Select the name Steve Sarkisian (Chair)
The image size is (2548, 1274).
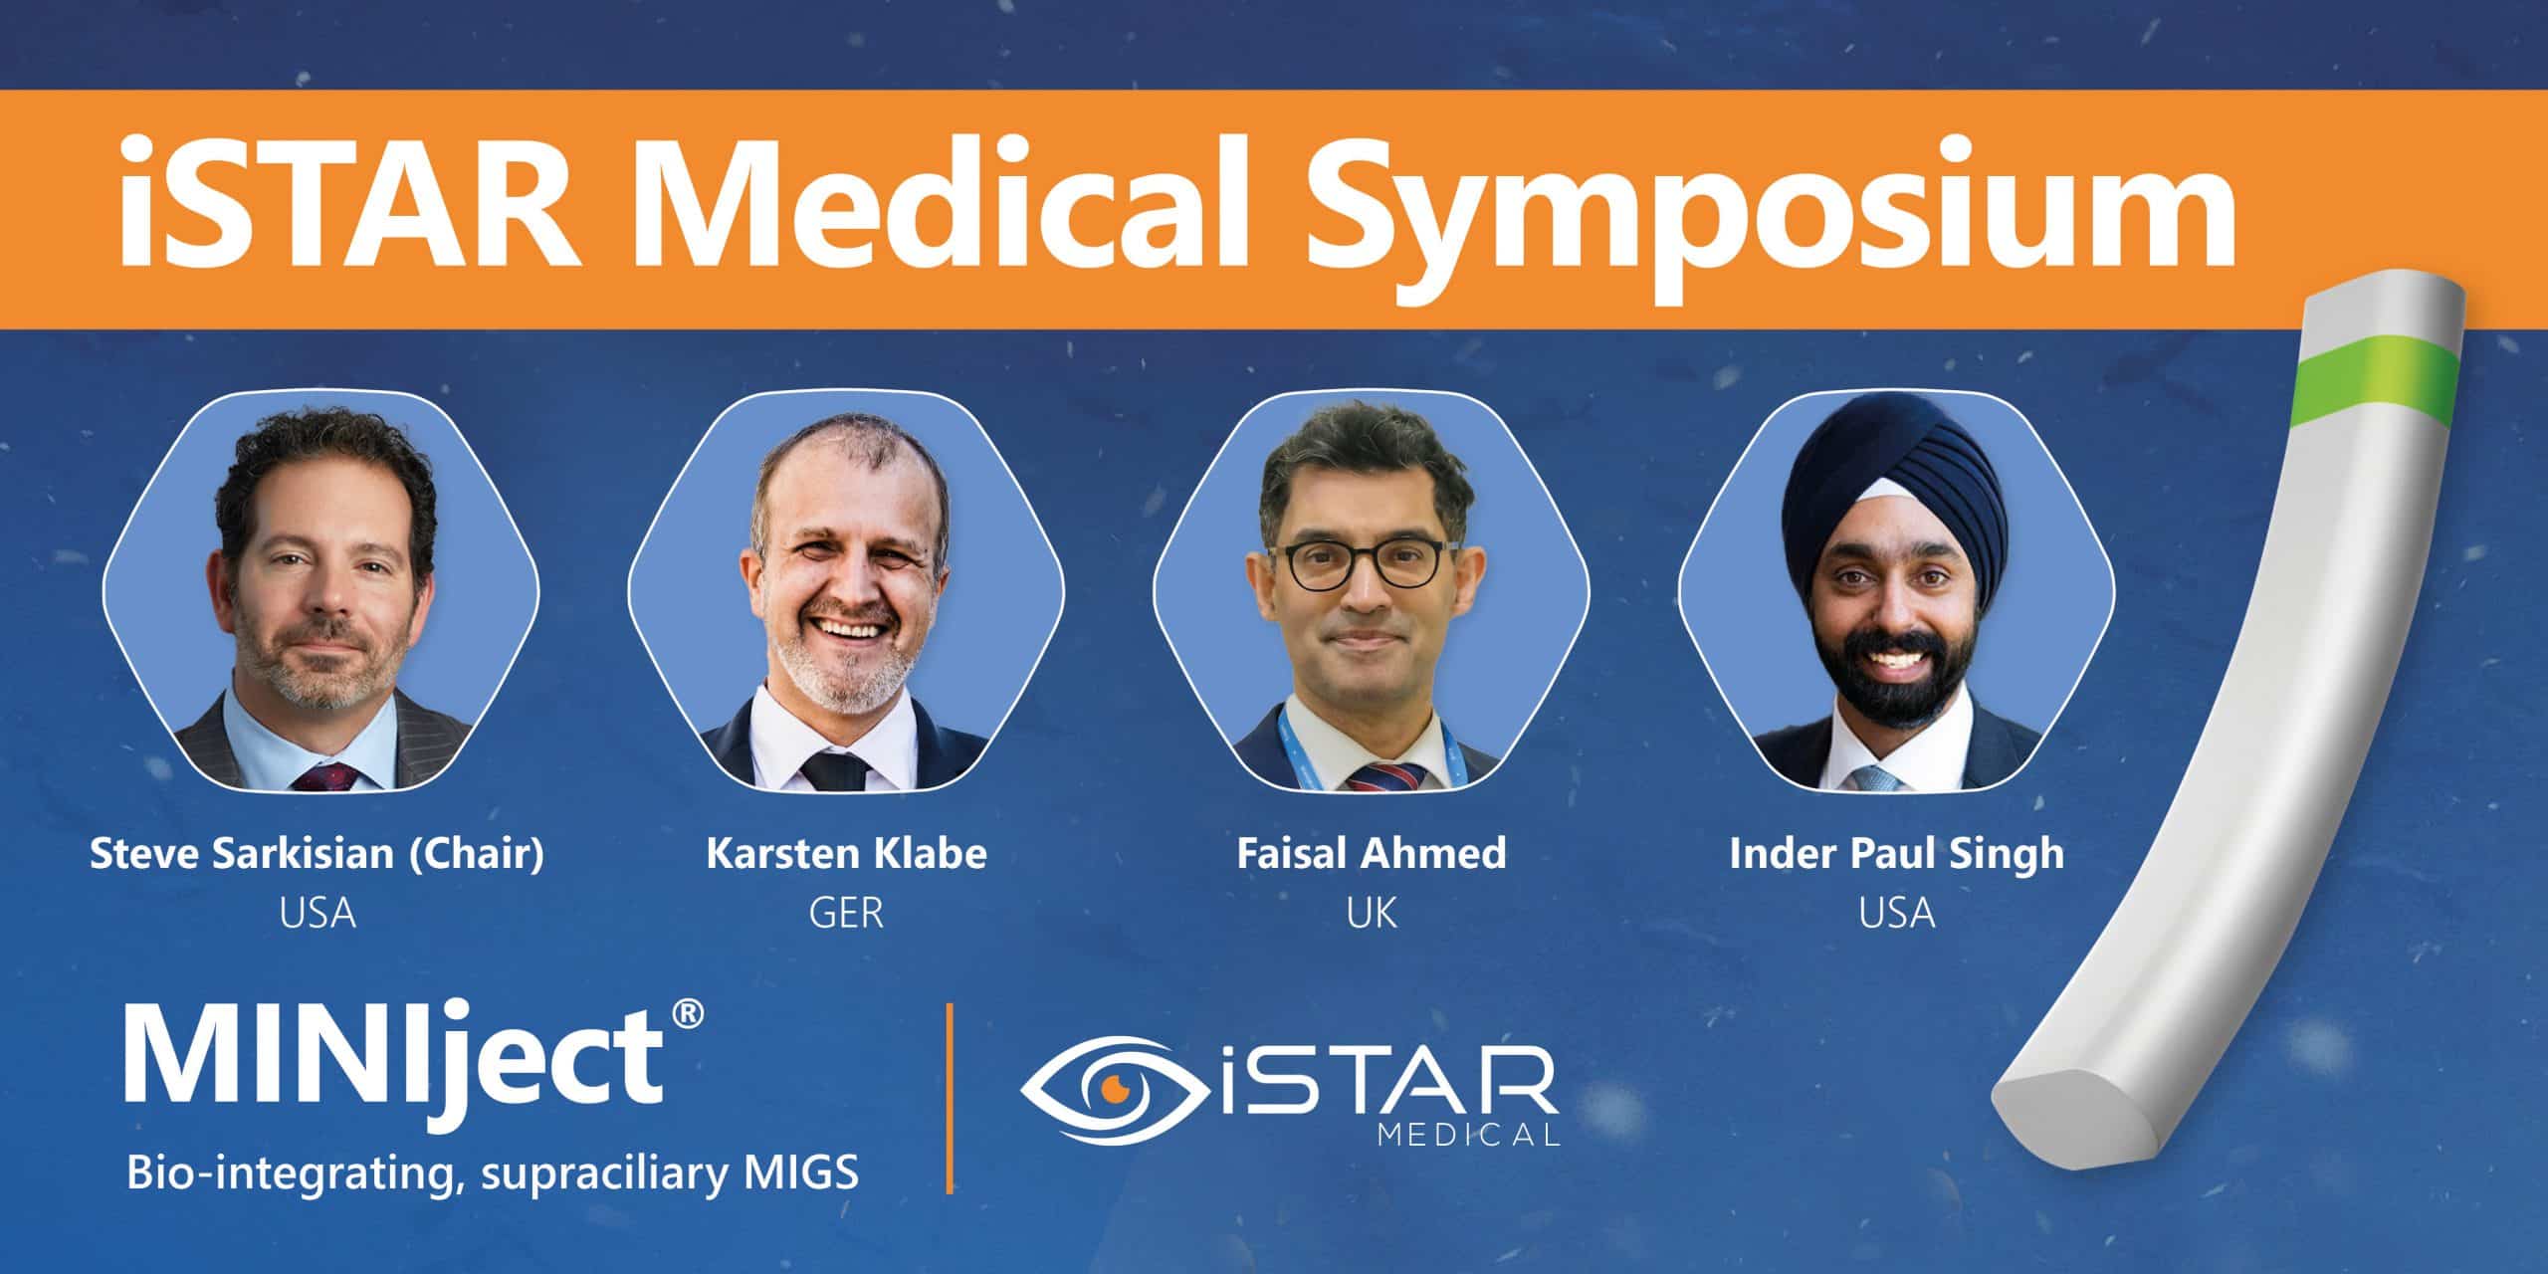pyautogui.click(x=318, y=855)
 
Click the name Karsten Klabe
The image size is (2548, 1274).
pyautogui.click(x=846, y=855)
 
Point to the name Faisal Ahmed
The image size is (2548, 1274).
pyautogui.click(x=1372, y=854)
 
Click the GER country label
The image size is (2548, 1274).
pyautogui.click(x=846, y=914)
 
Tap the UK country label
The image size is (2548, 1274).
pyautogui.click(x=1372, y=914)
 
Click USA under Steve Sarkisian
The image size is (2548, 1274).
pyautogui.click(x=318, y=914)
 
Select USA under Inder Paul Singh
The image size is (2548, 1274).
pyautogui.click(x=1897, y=914)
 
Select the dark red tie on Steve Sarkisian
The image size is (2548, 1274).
pyautogui.click(x=324, y=776)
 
